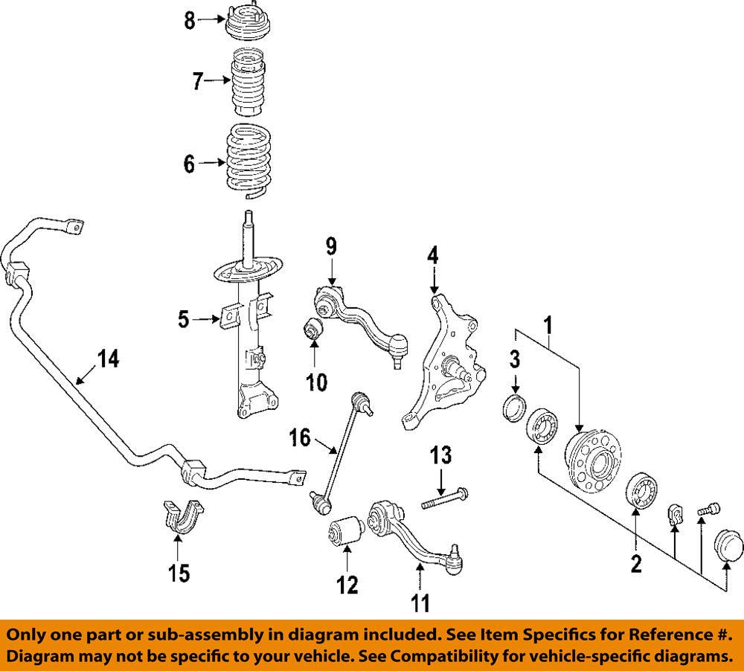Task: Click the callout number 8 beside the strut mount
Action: click(x=190, y=20)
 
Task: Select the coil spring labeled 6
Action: click(x=248, y=161)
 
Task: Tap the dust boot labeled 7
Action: click(x=248, y=82)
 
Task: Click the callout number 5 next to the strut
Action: click(x=184, y=319)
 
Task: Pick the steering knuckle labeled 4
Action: click(x=443, y=361)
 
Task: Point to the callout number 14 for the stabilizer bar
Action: click(x=108, y=359)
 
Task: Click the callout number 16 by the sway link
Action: click(x=300, y=437)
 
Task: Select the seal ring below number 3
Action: click(x=514, y=407)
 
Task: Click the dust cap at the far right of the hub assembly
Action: click(x=729, y=545)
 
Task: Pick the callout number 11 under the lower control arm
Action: click(x=420, y=603)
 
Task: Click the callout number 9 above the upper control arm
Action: click(x=331, y=247)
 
